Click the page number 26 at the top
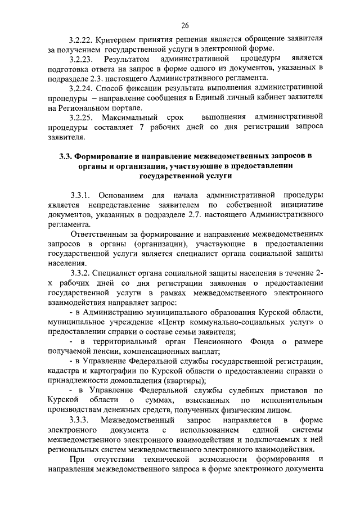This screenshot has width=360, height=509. (185, 25)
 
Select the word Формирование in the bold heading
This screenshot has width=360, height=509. (105, 156)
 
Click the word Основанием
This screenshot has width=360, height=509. (127, 195)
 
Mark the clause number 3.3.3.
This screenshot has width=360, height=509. (79, 420)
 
